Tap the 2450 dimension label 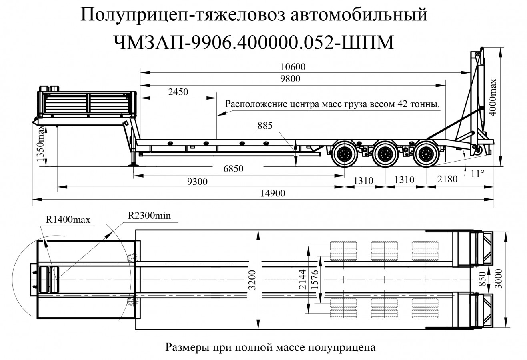[x=178, y=92]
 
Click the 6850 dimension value [x=233, y=168]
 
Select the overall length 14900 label [x=273, y=193]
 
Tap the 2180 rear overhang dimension [x=447, y=179]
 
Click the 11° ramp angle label [x=477, y=174]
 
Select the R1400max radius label [x=68, y=219]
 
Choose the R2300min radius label [x=149, y=215]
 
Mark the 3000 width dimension [x=499, y=280]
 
